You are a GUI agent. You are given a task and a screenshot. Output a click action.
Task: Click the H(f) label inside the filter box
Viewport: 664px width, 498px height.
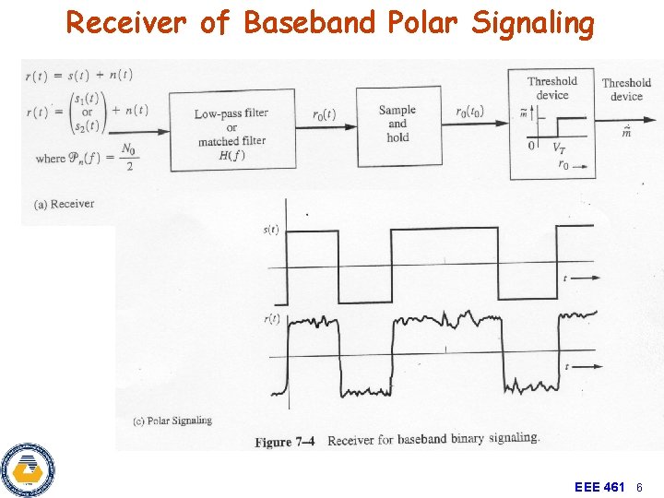click(231, 155)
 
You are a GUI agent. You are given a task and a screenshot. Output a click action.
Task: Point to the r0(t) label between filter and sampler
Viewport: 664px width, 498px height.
click(324, 115)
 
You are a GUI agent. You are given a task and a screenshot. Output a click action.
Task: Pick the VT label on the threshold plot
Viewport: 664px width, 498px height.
click(559, 148)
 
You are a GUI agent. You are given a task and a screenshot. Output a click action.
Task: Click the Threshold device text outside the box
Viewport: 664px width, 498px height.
click(626, 89)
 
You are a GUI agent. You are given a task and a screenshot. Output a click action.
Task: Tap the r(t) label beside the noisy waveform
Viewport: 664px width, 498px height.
click(272, 319)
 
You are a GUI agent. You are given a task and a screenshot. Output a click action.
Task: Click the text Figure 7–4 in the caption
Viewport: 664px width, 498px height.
click(285, 441)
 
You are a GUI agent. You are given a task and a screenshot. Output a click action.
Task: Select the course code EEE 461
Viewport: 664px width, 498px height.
click(599, 486)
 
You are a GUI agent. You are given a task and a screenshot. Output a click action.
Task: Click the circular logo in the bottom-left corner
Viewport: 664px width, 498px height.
click(27, 470)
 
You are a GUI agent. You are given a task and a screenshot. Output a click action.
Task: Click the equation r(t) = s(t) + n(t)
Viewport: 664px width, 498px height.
click(78, 76)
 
